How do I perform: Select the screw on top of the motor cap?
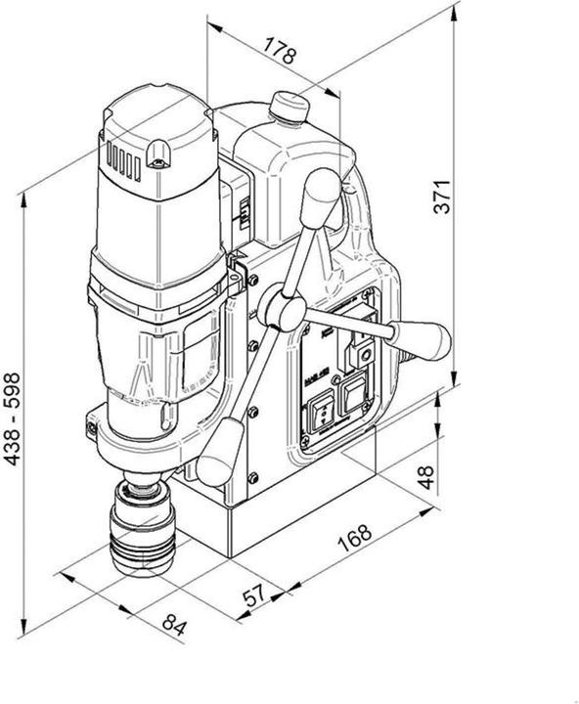(157, 150)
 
